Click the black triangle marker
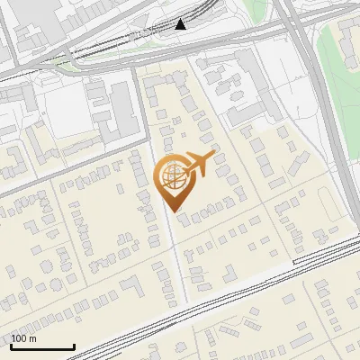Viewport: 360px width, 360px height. (x=181, y=23)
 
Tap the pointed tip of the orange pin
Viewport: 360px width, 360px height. (x=172, y=211)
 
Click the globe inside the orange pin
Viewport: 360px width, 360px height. (x=172, y=175)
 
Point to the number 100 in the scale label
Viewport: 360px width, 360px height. (x=18, y=338)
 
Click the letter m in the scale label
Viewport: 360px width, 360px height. (x=32, y=338)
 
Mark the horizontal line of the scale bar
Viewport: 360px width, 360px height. (x=42, y=347)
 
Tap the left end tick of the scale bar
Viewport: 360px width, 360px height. (x=11, y=346)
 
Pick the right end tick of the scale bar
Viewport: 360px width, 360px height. (x=74, y=346)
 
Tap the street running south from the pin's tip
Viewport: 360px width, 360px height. (x=179, y=261)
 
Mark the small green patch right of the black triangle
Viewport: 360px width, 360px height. (x=256, y=11)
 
